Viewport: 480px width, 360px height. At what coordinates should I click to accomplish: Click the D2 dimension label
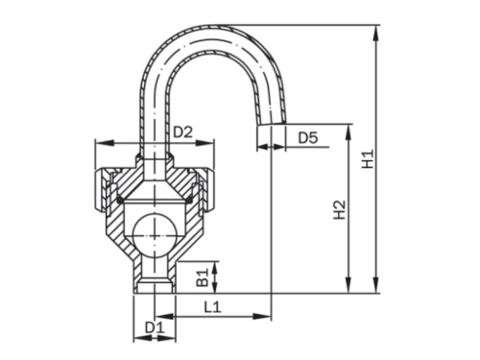(x=183, y=131)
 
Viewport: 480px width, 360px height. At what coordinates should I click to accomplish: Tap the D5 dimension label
(x=307, y=138)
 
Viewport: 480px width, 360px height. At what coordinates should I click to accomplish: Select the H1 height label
(x=368, y=157)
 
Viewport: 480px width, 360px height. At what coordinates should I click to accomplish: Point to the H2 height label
(x=339, y=208)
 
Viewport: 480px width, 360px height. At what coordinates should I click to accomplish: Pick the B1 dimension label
(x=204, y=277)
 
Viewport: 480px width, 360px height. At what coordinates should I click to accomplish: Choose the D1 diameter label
(x=155, y=328)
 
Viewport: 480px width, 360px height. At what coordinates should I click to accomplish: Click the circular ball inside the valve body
(x=154, y=231)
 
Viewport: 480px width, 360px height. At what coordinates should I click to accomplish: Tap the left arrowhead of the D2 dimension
(x=98, y=143)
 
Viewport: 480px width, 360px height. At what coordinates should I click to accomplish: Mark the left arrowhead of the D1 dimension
(x=135, y=338)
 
